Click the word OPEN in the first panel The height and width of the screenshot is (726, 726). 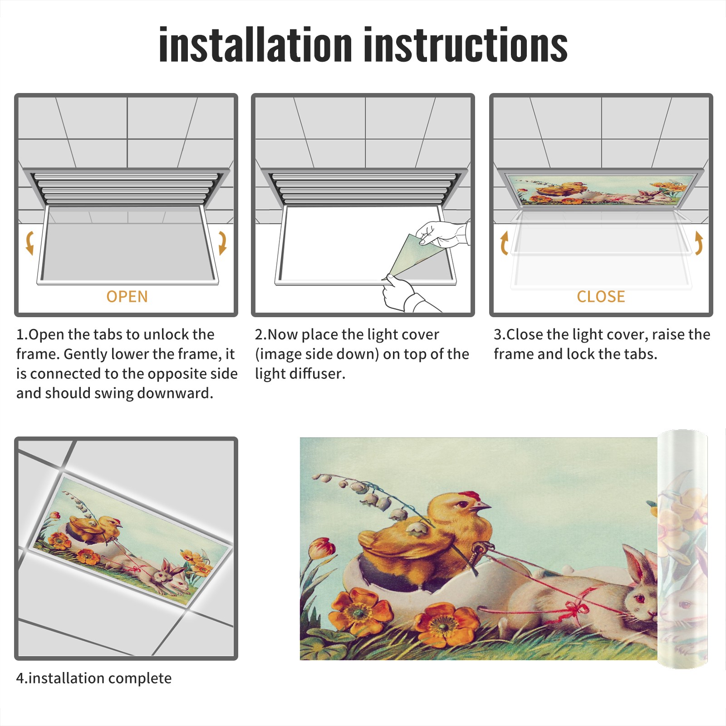(127, 296)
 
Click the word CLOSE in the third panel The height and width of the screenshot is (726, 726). (601, 296)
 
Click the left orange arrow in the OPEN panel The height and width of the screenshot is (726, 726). (29, 243)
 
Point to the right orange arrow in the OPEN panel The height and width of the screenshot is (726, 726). (222, 243)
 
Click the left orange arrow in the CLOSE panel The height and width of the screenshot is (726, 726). (504, 243)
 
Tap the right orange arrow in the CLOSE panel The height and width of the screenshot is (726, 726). (699, 243)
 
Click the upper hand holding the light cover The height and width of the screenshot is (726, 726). (442, 234)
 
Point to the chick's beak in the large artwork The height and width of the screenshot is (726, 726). (486, 505)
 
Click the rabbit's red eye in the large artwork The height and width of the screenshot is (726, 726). (641, 598)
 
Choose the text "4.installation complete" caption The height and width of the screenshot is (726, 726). (94, 678)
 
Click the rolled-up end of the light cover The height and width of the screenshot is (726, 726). (683, 549)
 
